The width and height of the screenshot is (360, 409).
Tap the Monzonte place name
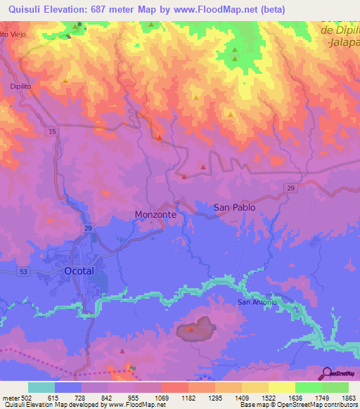(155, 214)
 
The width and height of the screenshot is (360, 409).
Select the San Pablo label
(234, 208)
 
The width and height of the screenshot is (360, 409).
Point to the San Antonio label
(257, 302)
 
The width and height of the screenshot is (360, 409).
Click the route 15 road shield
(53, 131)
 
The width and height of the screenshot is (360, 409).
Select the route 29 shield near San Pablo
(290, 186)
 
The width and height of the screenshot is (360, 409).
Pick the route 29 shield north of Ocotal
(88, 228)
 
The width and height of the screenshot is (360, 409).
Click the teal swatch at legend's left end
(41, 387)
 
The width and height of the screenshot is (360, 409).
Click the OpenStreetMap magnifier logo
(326, 373)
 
